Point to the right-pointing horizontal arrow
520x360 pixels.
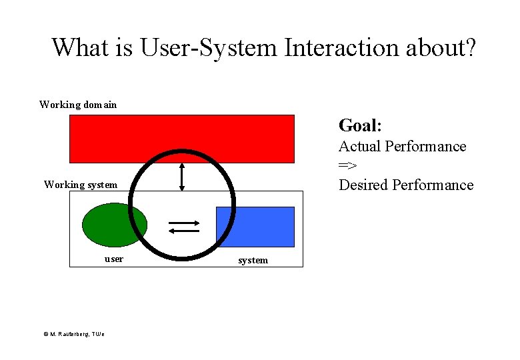pyautogui.click(x=183, y=223)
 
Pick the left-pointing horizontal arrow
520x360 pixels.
pyautogui.click(x=183, y=231)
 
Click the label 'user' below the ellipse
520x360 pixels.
pyautogui.click(x=114, y=259)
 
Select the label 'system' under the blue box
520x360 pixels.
pyautogui.click(x=253, y=260)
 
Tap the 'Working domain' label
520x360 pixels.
pyautogui.click(x=78, y=105)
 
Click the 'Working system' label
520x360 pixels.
pyautogui.click(x=80, y=185)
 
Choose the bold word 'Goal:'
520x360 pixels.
pyautogui.click(x=360, y=125)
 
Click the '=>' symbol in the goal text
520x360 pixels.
pyautogui.click(x=347, y=165)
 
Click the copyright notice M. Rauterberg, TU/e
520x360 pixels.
pyautogui.click(x=73, y=334)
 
